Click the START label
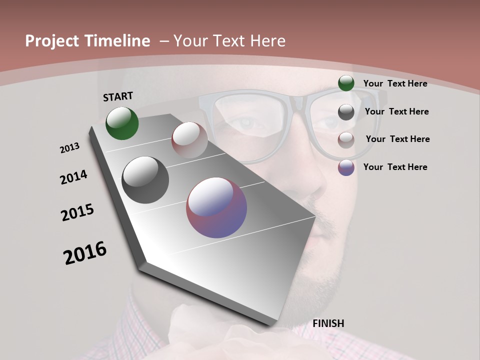click(x=118, y=96)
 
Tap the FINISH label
click(x=328, y=323)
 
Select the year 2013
click(x=70, y=148)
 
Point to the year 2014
click(x=74, y=177)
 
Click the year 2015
click(x=77, y=212)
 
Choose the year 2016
click(x=85, y=253)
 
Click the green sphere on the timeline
click(x=122, y=123)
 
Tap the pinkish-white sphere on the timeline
click(x=189, y=140)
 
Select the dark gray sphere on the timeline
click(x=145, y=180)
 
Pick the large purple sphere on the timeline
click(x=216, y=207)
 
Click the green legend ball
click(x=346, y=83)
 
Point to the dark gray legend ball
click(x=346, y=112)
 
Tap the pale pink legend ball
click(x=346, y=140)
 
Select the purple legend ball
click(x=346, y=167)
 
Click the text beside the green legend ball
click(x=395, y=83)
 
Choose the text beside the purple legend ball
click(x=395, y=167)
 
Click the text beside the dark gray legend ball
click(x=396, y=111)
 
